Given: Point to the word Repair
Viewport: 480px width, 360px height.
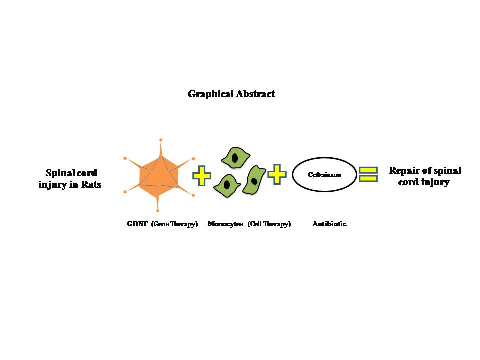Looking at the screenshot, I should [404, 171].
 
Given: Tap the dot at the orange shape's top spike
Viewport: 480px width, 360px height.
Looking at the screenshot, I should [160, 139].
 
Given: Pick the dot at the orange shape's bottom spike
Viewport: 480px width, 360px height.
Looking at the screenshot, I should [158, 211].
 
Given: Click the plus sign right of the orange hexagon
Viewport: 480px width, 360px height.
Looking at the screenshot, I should [202, 176].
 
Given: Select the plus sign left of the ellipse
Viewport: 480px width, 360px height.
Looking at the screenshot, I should [277, 174].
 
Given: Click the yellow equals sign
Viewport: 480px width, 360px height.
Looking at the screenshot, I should [368, 174].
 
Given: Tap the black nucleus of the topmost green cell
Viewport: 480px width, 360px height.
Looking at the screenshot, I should [234, 159].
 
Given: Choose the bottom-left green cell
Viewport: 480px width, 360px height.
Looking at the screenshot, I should [227, 185].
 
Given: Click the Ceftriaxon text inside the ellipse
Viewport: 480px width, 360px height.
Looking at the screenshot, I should [324, 175].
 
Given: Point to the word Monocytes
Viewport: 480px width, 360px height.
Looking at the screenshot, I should [225, 224].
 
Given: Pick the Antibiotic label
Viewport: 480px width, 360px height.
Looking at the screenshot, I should [329, 224].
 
